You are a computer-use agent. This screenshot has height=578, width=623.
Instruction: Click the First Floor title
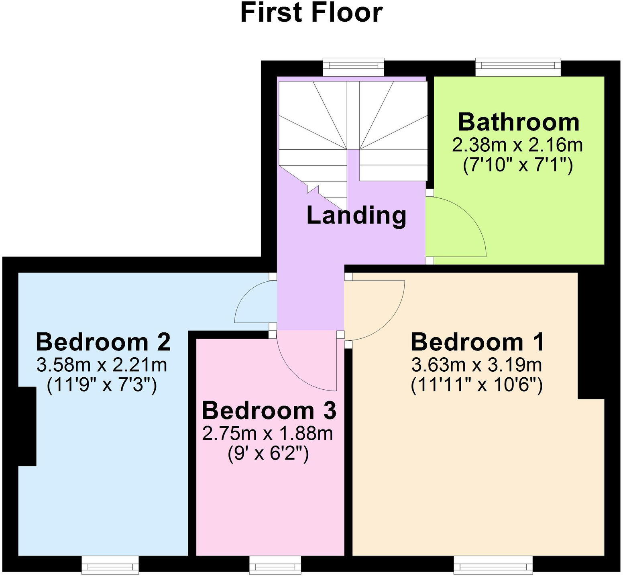pyautogui.click(x=311, y=13)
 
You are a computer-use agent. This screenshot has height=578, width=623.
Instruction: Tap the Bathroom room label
pyautogui.click(x=518, y=122)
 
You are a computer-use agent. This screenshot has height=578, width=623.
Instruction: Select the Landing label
pyautogui.click(x=356, y=215)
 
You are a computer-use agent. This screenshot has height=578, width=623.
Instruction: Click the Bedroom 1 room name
pyautogui.click(x=477, y=342)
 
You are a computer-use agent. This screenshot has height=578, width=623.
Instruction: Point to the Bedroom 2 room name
pyautogui.click(x=103, y=342)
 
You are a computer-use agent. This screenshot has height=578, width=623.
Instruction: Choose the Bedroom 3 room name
pyautogui.click(x=269, y=411)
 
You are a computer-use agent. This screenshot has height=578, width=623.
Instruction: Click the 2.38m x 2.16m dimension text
pyautogui.click(x=517, y=145)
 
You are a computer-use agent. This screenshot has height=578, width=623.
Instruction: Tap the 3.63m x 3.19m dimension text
pyautogui.click(x=477, y=365)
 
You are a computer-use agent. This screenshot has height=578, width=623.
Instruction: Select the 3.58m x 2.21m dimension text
pyautogui.click(x=102, y=365)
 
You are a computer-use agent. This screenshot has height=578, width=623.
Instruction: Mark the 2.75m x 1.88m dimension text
pyautogui.click(x=268, y=433)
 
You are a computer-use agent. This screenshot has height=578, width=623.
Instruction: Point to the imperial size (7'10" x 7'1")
pyautogui.click(x=518, y=165)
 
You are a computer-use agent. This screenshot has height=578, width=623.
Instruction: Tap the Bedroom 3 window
pyautogui.click(x=275, y=566)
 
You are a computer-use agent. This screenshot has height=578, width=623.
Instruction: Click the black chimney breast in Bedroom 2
pyautogui.click(x=27, y=426)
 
